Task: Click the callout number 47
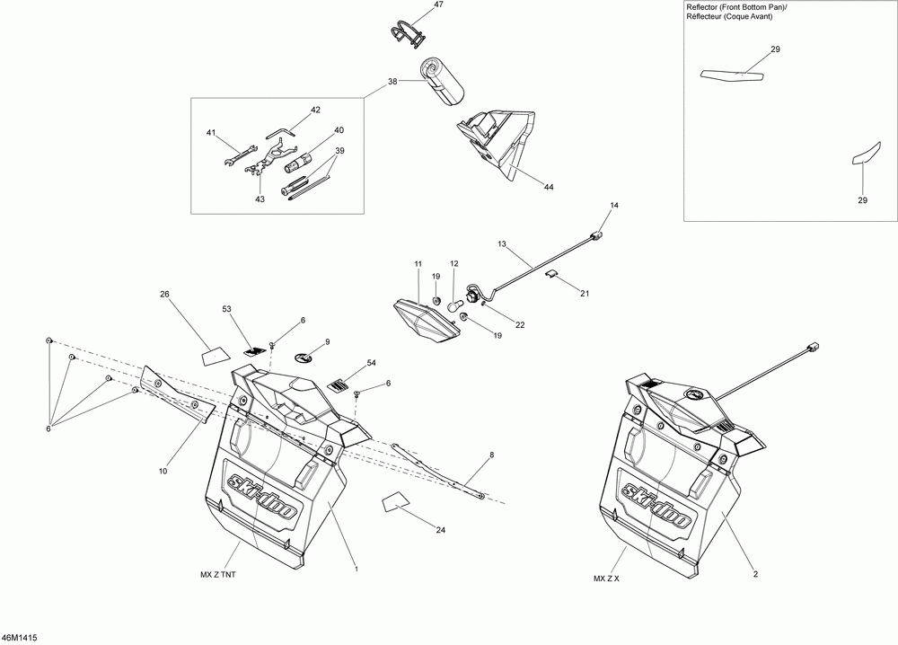[x=438, y=5]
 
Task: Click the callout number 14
[x=614, y=207]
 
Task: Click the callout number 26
[x=164, y=294]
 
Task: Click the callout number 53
[x=227, y=309]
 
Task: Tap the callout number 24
[x=440, y=530]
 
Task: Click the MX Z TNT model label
[x=219, y=575]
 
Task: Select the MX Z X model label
[x=606, y=578]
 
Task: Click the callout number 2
[x=755, y=574]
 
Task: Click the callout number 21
[x=585, y=294]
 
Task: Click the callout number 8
[x=491, y=456]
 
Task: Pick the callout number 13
[x=502, y=243]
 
